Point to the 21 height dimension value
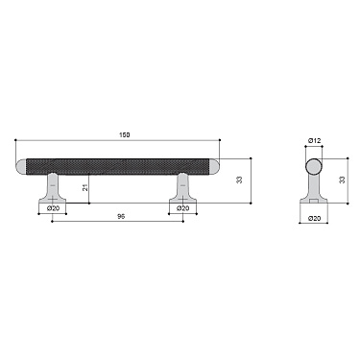tap(85, 187)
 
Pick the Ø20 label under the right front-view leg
tap(182, 208)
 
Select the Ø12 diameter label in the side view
tap(314, 142)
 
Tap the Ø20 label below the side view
tap(314, 219)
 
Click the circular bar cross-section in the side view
tap(314, 166)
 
